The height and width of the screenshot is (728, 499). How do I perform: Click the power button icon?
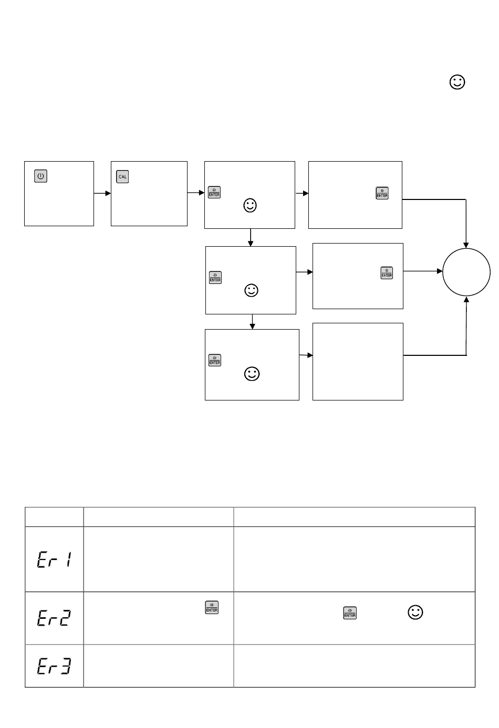40,176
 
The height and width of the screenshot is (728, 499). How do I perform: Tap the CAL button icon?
122,177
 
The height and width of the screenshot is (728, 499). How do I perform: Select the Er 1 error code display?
54,560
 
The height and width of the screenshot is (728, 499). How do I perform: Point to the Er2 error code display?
54,618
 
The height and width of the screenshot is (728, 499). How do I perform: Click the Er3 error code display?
54,667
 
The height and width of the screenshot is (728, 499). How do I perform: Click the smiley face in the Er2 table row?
415,613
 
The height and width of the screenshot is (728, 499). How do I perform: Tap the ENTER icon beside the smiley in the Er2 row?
350,613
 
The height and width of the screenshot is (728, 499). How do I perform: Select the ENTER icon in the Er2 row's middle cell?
212,607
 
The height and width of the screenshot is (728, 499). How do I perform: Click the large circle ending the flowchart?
466,272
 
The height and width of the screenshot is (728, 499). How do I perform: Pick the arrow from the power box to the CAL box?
102,193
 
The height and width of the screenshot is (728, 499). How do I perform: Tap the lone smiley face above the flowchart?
458,82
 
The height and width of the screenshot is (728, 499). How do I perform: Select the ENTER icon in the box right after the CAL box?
214,192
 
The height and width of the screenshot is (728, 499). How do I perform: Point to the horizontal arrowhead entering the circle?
440,271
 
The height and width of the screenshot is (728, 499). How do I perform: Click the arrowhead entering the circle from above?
466,245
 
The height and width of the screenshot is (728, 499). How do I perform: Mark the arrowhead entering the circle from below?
466,299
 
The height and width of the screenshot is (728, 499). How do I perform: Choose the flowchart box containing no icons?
358,362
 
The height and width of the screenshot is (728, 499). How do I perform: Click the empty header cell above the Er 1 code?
54,516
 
